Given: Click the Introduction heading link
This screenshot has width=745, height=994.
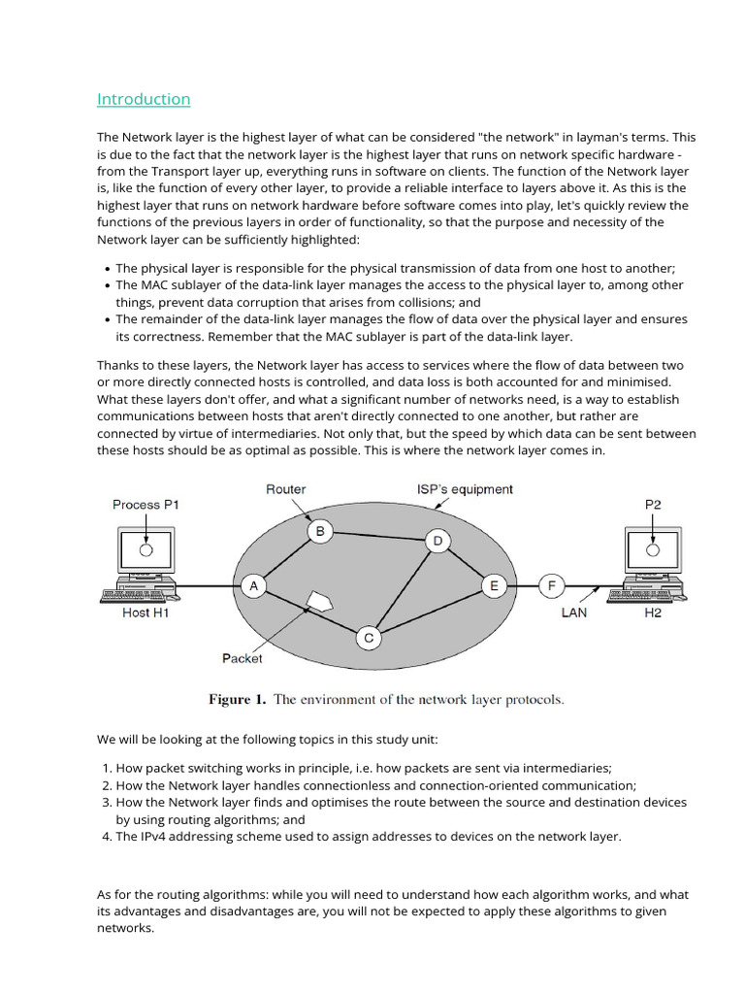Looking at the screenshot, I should pos(144,99).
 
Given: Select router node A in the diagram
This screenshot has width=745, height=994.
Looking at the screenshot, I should pos(254,586).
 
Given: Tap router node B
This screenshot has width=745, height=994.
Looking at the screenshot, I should pos(320,531).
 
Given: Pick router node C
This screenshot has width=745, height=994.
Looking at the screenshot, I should pos(369,638).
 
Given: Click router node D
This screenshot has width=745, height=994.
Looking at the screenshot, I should pos(437,541).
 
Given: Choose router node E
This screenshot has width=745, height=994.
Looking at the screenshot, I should pos(494,586).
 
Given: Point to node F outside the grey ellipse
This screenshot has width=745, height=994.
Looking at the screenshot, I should pos(552,586).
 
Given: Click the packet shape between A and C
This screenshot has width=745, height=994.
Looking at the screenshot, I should pos(318,601).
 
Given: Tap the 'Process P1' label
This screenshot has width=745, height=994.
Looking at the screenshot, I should pos(146,505).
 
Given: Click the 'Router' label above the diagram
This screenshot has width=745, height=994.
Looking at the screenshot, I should pos(285,489).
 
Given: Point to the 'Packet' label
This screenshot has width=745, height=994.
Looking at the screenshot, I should pos(242,658).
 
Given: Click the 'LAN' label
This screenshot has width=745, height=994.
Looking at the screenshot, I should pos(574,613).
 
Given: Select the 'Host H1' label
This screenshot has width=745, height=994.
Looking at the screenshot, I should pos(148,613).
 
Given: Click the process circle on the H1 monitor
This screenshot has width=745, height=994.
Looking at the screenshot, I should pos(146,550).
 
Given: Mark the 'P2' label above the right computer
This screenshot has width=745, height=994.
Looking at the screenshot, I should pos(654,505).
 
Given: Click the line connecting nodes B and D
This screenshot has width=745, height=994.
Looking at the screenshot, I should pos(378,536).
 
